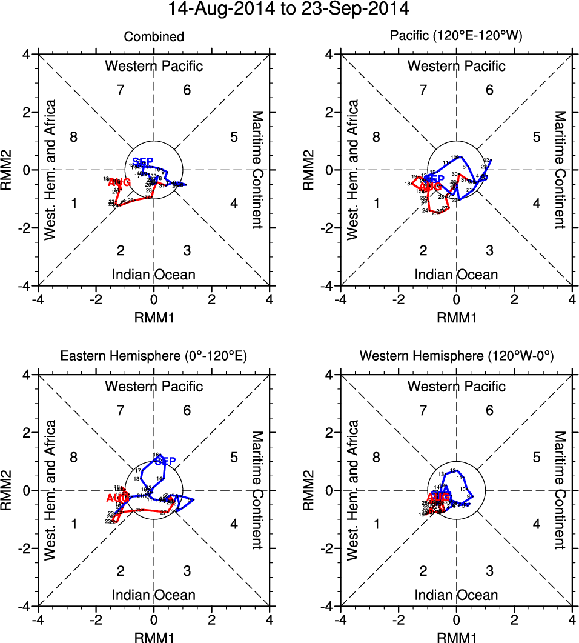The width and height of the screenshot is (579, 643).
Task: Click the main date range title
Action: point(289,9)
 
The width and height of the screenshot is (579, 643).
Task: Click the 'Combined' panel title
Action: point(154,37)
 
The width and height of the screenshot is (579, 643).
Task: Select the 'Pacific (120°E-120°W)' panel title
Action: point(456,37)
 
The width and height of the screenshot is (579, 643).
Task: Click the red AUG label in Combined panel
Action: point(119,182)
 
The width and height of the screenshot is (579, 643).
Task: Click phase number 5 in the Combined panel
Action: point(234,136)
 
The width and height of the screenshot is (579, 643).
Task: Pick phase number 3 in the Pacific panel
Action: point(489,250)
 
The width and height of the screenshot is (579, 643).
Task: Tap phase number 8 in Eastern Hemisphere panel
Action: point(74,457)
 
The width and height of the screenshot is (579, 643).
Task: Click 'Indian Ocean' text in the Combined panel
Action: point(154,275)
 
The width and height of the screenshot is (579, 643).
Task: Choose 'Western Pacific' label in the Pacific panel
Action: point(456,65)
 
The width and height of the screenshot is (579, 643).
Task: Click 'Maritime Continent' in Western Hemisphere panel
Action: point(561,490)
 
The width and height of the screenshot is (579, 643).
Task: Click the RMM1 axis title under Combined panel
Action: point(154,316)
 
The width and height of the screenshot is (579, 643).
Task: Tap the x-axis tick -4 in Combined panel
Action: point(38,299)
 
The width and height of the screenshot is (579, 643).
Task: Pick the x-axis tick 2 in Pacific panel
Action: point(514,299)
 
